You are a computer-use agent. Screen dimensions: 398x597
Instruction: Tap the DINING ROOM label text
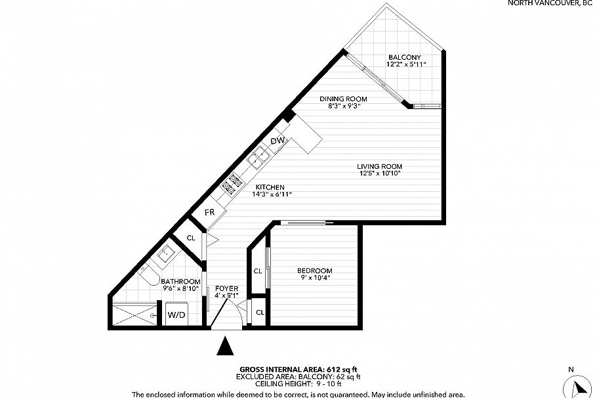[343, 99]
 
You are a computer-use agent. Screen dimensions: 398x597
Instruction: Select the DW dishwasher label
[277, 142]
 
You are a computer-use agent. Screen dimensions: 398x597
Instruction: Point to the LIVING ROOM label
[379, 166]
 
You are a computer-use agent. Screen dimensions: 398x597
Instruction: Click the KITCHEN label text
[270, 187]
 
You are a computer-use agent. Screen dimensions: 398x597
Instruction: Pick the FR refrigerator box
[210, 213]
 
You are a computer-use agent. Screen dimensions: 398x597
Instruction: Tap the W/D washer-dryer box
[176, 315]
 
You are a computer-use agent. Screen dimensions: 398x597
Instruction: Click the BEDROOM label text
[314, 271]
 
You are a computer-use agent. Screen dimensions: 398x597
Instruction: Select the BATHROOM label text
[181, 281]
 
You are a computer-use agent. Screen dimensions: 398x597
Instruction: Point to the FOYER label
[228, 288]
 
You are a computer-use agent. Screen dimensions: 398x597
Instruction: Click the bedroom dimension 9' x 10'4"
[314, 278]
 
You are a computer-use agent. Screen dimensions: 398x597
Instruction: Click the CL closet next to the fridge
[191, 238]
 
